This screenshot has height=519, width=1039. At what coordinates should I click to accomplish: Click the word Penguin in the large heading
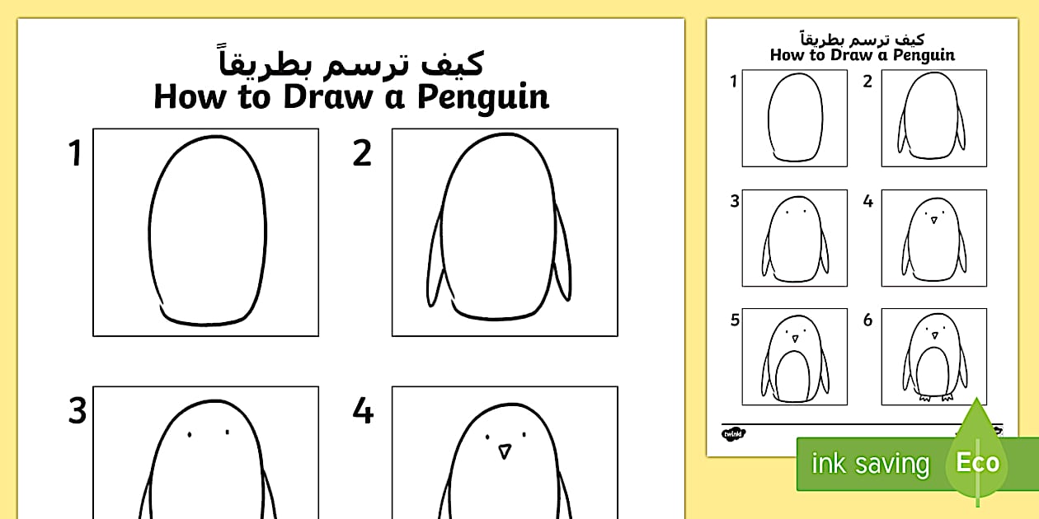pyautogui.click(x=482, y=97)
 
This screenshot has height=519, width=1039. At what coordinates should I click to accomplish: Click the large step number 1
pyautogui.click(x=76, y=154)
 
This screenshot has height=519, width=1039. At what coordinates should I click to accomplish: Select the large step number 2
pyautogui.click(x=362, y=154)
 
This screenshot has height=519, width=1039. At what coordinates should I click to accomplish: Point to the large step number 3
pyautogui.click(x=77, y=411)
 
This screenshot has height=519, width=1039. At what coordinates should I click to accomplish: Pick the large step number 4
pyautogui.click(x=363, y=411)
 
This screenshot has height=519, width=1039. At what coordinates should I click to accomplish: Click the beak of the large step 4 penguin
pyautogui.click(x=504, y=451)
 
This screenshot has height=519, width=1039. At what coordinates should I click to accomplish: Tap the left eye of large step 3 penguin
pyautogui.click(x=190, y=434)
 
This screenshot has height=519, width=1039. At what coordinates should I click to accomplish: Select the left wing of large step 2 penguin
pyautogui.click(x=435, y=264)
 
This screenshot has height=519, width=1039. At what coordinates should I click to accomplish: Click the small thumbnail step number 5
pyautogui.click(x=735, y=320)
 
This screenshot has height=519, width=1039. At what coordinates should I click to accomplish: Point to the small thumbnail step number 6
pyautogui.click(x=867, y=320)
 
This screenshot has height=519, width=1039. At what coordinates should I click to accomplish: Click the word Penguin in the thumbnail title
pyautogui.click(x=921, y=55)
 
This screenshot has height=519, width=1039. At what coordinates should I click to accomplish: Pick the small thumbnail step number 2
pyautogui.click(x=867, y=82)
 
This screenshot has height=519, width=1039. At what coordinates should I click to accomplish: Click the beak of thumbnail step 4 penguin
pyautogui.click(x=934, y=220)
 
